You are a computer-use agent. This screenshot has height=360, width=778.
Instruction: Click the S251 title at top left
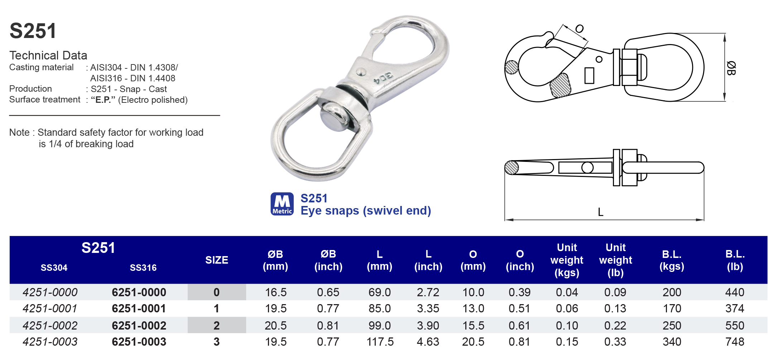coord(33,31)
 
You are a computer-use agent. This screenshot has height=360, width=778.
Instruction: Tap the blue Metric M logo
coord(282,204)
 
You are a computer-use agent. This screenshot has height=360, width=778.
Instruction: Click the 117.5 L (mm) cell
coord(380,342)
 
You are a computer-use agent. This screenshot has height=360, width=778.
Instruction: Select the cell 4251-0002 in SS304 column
coord(50,325)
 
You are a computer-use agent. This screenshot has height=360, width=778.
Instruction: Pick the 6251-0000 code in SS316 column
coord(139,292)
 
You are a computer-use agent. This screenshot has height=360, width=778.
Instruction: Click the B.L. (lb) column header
coord(735,260)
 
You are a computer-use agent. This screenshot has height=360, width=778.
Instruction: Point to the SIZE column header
coord(216,260)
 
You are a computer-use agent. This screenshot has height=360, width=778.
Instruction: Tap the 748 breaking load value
coord(735,342)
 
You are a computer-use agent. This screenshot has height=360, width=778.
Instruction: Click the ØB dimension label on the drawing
coord(731,68)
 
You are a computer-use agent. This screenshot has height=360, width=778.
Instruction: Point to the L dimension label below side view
coord(601,212)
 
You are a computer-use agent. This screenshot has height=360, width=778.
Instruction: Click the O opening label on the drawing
coord(579,29)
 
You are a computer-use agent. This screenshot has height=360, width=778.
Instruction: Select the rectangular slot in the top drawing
coord(589,76)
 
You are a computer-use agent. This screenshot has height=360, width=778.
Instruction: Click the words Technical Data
coord(48,56)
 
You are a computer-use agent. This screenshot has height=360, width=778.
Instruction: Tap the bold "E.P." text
coord(103,100)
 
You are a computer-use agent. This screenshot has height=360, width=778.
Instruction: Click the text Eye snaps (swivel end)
coord(366,211)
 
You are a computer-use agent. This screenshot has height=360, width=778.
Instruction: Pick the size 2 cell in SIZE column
coord(216,325)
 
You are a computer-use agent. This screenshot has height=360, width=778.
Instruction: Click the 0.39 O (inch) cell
coord(519,292)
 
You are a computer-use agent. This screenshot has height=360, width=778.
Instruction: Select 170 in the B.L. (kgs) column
coord(672,308)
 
